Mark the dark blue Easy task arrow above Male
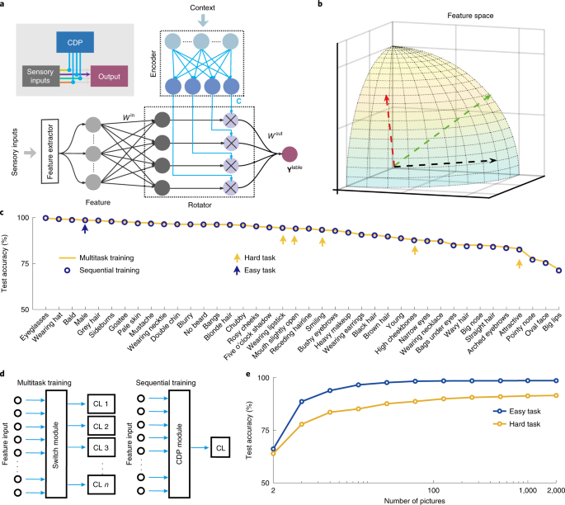[x=85, y=238]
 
